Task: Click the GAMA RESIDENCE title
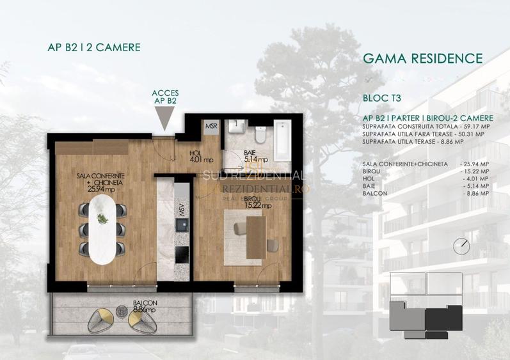[x=422, y=59]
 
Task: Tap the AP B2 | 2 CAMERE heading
[x=94, y=47]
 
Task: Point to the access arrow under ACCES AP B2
[x=164, y=117]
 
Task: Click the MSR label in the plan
[x=211, y=127]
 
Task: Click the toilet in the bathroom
[x=260, y=136]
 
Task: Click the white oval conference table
[x=102, y=230]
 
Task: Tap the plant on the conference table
[x=102, y=218]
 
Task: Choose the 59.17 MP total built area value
[x=474, y=127]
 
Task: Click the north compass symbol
[x=461, y=246]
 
